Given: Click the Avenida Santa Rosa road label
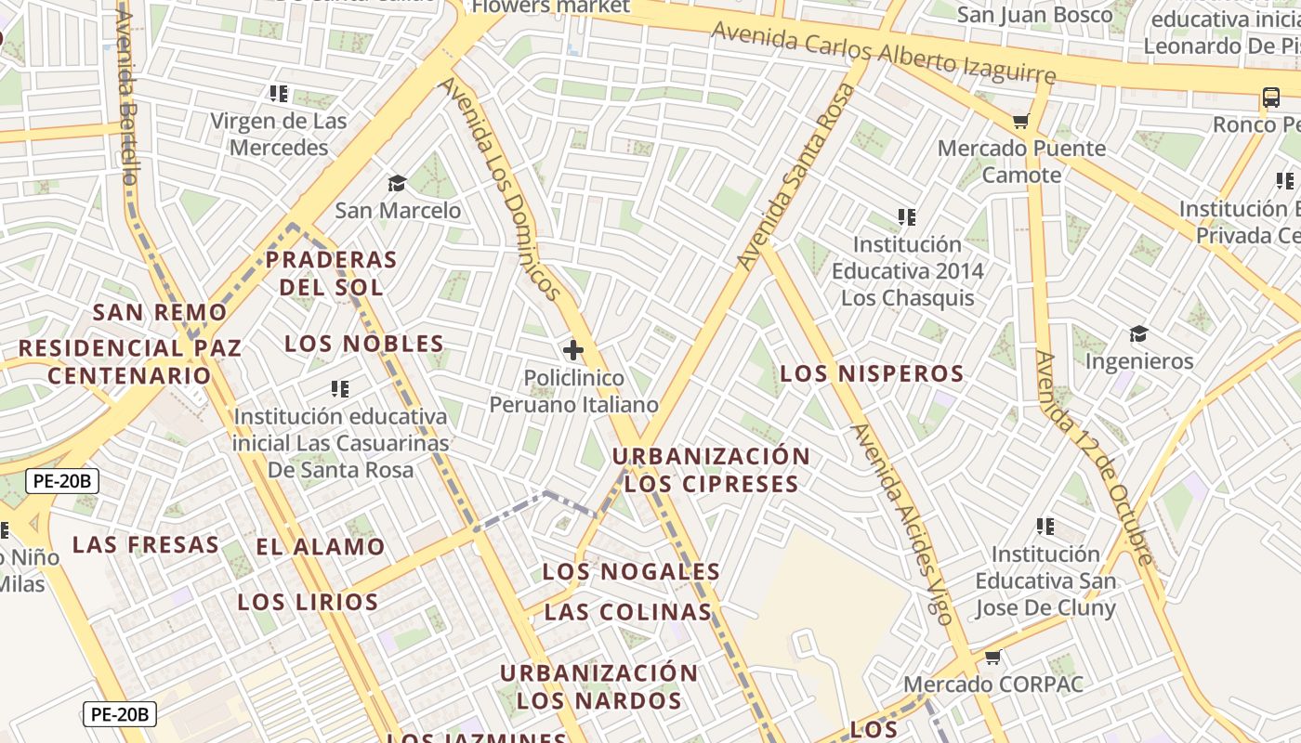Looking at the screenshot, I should pos(795,176).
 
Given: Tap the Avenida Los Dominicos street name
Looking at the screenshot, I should pos(502,189).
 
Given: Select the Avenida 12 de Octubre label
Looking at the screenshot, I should pos(1094,457).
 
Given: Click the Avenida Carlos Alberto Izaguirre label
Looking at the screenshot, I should pos(884,53).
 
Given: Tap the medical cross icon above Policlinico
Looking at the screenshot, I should pos(573,350).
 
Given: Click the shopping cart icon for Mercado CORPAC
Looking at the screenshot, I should pos(992,658).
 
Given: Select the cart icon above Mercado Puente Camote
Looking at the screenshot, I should pos(1021,121).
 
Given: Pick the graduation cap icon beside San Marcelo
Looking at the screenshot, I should pos(397,183).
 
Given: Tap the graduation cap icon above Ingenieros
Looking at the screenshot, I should pos(1138,334).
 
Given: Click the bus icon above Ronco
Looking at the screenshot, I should pos(1270,97).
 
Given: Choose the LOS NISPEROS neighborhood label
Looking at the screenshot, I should pos(872,374).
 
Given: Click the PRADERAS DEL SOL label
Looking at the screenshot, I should pos(331,273).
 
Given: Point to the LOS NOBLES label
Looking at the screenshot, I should pos(364,344).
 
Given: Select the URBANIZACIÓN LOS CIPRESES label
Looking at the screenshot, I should pos(711,470).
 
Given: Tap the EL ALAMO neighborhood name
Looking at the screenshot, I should pos(321,547).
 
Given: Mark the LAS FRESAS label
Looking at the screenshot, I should pos(146,544).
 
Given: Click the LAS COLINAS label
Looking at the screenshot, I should pos(628,612).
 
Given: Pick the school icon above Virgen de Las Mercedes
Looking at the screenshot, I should pos(278,94).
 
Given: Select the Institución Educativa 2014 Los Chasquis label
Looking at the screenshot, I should pos(907,271).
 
